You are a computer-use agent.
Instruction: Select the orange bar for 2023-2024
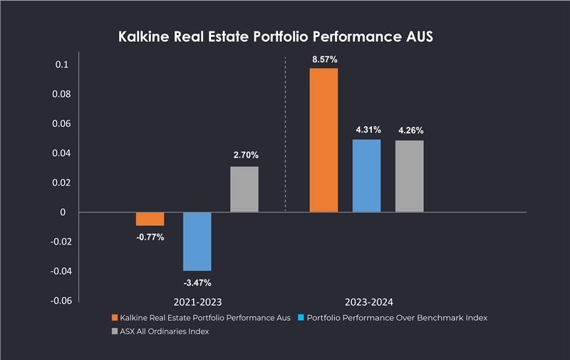point(323,140)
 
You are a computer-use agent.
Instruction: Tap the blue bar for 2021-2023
point(197,241)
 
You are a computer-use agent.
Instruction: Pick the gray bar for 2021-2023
point(244,189)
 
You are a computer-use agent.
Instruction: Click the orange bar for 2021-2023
point(150,219)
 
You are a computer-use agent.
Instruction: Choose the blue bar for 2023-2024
point(366,175)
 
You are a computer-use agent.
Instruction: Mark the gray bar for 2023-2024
point(410,176)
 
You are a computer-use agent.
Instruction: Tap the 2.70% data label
point(244,155)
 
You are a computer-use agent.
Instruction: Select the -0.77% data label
point(150,237)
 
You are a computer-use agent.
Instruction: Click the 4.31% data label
point(368,130)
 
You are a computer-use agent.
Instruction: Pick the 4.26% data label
point(410,130)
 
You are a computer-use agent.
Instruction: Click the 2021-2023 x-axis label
point(197,302)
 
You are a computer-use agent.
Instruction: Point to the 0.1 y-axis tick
point(61,65)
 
